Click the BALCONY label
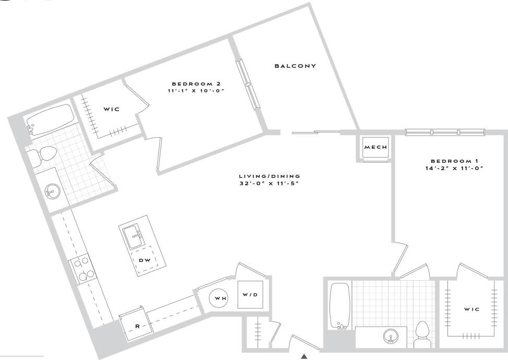pyautogui.click(x=296, y=66)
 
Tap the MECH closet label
pyautogui.click(x=376, y=148)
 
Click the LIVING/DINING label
pyautogui.click(x=269, y=176)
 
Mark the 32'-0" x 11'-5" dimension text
pyautogui.click(x=269, y=183)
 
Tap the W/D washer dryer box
pyautogui.click(x=250, y=295)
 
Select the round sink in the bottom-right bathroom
pyautogui.click(x=390, y=335)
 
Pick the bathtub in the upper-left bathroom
pyautogui.click(x=51, y=119)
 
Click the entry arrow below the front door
pyautogui.click(x=304, y=356)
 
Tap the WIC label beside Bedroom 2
pyautogui.click(x=111, y=109)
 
